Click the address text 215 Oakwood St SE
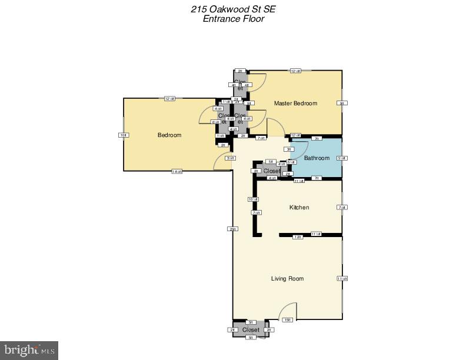[233, 9]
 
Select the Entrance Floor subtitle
[233, 19]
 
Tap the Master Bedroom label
[295, 104]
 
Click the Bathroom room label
[317, 158]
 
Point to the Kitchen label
[299, 208]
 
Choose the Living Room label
[287, 278]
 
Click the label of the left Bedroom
[169, 135]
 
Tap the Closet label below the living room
[251, 330]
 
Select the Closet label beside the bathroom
[272, 171]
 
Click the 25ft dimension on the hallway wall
[233, 229]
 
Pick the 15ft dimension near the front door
[287, 319]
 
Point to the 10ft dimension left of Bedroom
[123, 135]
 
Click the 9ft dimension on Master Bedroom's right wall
[342, 104]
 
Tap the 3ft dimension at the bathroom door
[289, 149]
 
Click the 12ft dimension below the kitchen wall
[298, 236]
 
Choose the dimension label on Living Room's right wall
[342, 278]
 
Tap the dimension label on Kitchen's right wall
[342, 208]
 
